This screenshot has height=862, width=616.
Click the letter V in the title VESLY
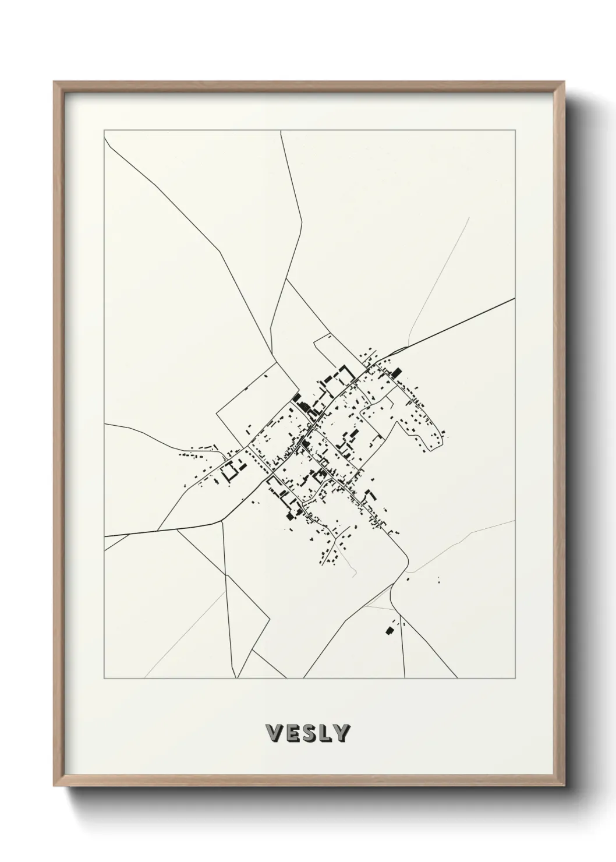coord(272,733)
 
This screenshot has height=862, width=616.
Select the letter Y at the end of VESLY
coord(342,733)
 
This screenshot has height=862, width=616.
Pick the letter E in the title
coord(291,733)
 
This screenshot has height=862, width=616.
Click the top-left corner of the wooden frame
coord(55,82)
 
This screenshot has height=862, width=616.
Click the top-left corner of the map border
coord(104,131)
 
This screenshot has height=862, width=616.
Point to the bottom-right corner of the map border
coord(515,679)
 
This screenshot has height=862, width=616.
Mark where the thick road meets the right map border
coord(515,299)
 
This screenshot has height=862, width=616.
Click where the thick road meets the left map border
coord(104,535)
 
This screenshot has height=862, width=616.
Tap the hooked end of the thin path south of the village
coord(354,576)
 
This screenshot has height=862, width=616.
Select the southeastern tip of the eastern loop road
coord(434,448)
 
